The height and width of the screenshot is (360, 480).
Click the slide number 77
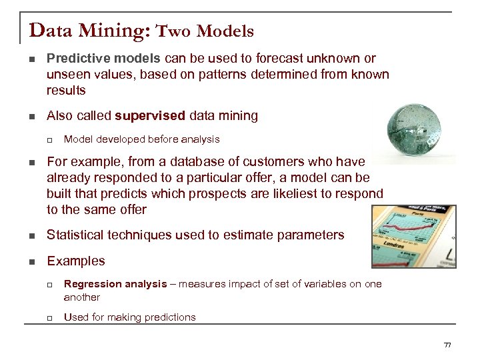click(x=447, y=345)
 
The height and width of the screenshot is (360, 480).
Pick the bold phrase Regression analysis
click(x=115, y=284)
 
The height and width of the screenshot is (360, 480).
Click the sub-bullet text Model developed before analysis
click(x=141, y=139)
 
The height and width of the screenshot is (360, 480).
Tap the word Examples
click(x=76, y=261)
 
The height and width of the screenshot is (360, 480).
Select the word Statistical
click(x=79, y=235)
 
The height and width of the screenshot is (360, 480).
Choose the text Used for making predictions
click(x=129, y=317)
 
